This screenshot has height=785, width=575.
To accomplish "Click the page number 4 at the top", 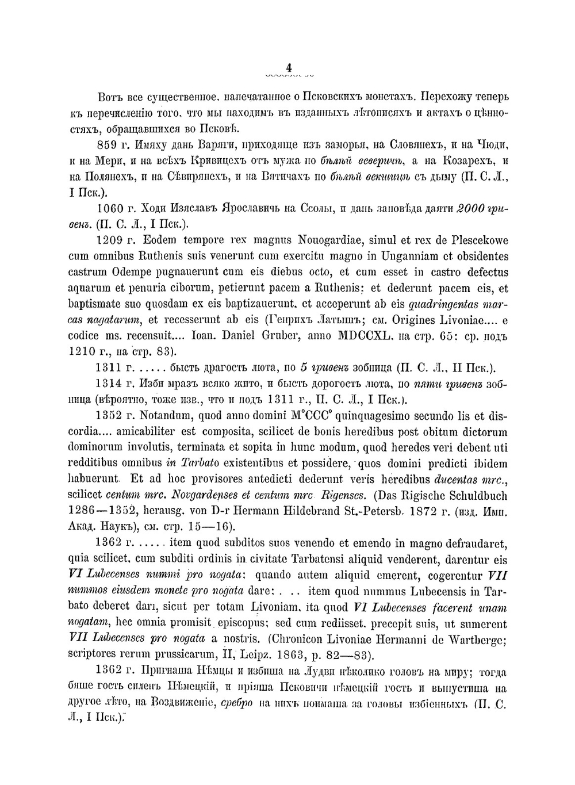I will (289, 67).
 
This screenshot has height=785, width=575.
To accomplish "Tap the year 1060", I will (110, 208).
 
